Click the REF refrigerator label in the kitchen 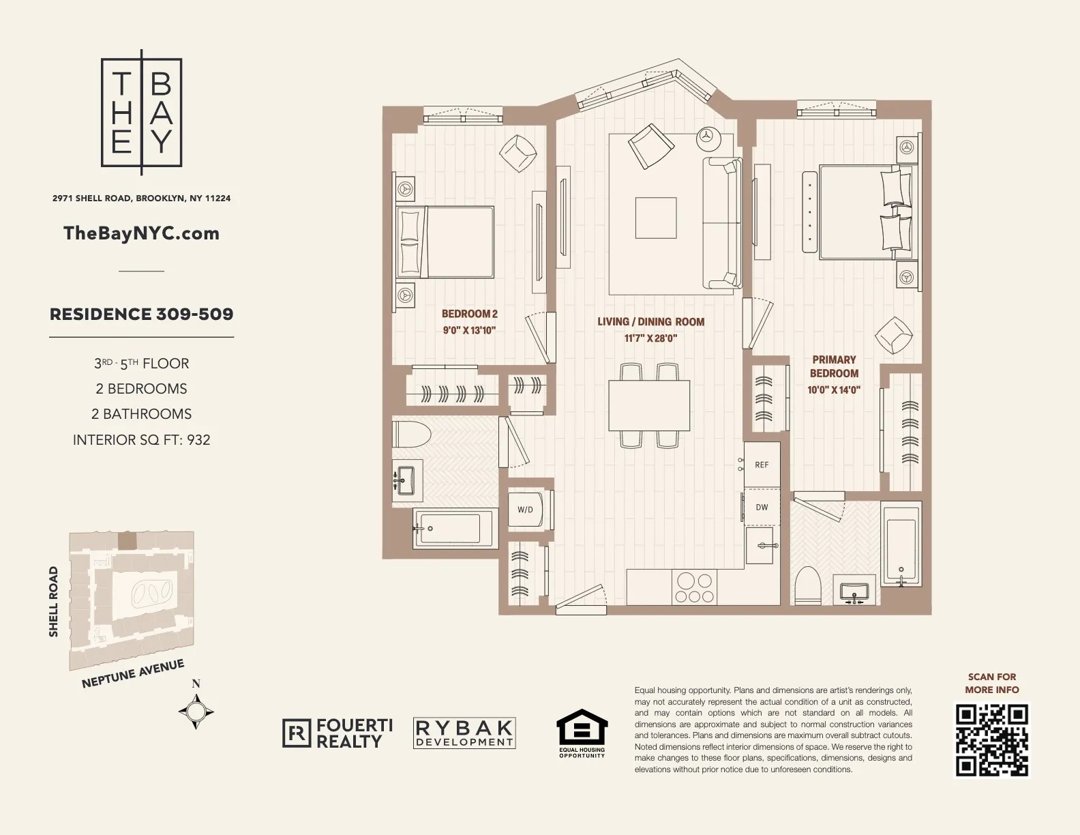click(762, 465)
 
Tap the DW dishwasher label click(762, 507)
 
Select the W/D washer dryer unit click(526, 510)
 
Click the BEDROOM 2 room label click(470, 314)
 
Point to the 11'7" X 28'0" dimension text click(650, 338)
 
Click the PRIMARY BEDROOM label click(834, 366)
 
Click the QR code click(991, 740)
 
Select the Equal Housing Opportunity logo click(582, 734)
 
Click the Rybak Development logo click(464, 733)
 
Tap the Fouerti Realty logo click(338, 733)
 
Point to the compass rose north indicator click(196, 711)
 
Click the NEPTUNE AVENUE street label click(133, 673)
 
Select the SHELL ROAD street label click(54, 602)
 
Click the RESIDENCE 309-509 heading click(142, 314)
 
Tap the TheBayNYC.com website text click(141, 233)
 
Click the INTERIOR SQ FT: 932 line click(142, 440)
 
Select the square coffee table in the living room click(656, 218)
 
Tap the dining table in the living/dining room click(649, 405)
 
